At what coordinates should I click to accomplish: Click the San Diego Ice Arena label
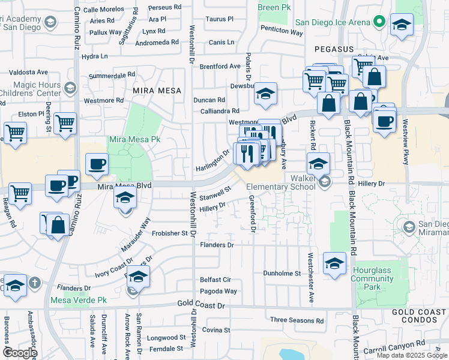click(332, 23)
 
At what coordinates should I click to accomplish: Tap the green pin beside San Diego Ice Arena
click(379, 23)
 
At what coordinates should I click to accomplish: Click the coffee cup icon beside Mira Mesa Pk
click(97, 164)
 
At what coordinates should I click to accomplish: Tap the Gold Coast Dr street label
click(201, 305)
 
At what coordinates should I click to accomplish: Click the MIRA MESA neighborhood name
click(157, 91)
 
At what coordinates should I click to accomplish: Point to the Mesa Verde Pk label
click(79, 300)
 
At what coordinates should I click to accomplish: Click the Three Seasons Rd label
click(297, 320)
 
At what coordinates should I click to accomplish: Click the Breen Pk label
click(274, 7)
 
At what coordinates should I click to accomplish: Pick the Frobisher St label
click(170, 233)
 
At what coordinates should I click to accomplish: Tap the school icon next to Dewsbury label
click(266, 93)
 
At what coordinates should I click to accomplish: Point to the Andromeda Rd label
click(158, 43)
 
